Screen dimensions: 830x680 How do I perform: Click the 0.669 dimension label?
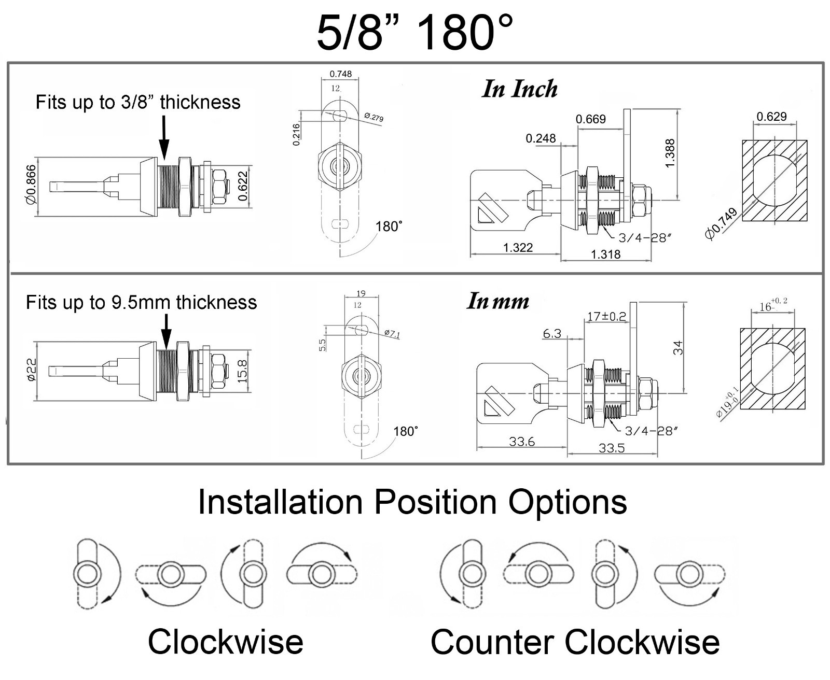pos(590,119)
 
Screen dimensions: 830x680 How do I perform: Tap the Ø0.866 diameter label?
pos(31,185)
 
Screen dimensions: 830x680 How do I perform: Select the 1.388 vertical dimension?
pos(669,153)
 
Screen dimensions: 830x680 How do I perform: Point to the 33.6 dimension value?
pos(522,442)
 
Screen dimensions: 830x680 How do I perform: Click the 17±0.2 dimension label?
pos(606,316)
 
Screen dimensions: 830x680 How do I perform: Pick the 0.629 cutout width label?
pos(771,117)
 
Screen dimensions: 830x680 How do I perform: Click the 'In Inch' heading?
pos(520,89)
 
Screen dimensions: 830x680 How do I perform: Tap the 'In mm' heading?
pos(498,301)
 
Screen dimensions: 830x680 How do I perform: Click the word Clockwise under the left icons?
pos(226,642)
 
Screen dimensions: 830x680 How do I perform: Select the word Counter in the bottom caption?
pos(493,642)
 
